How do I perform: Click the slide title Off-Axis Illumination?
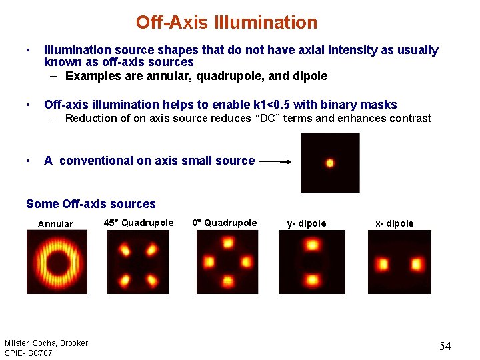pos(227,23)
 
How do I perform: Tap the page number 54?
pos(445,346)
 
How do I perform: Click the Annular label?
pos(55,224)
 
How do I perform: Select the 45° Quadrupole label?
pos(139,223)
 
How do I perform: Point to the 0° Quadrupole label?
pos(224,223)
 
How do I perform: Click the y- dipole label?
pos(307,223)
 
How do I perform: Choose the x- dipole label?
pos(394,223)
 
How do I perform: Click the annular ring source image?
pos(57,262)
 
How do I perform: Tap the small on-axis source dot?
pos(329,163)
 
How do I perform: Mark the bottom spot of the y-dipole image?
pos(311,279)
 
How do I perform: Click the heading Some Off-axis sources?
pos(91,204)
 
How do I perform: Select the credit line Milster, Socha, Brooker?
pos(46,343)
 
